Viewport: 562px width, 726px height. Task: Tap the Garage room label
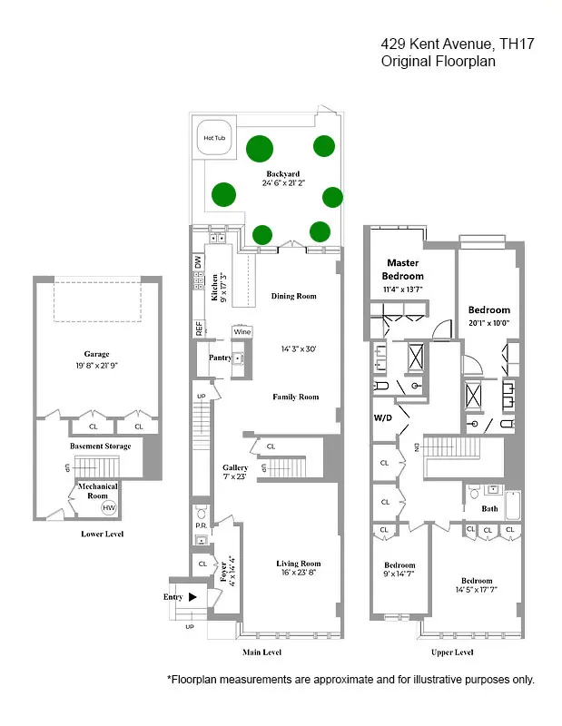pos(97,354)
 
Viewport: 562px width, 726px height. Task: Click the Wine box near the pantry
pos(242,332)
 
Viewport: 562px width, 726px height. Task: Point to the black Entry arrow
pos(192,597)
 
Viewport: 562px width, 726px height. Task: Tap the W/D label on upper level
pos(383,418)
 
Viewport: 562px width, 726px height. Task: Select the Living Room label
pos(300,564)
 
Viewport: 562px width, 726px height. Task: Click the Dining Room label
pos(294,296)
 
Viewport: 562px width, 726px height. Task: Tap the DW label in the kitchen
pos(197,261)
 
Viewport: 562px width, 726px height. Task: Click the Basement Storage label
pos(101,446)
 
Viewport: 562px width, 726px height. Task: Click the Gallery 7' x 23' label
pos(235,472)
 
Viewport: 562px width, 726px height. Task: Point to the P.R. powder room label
pos(201,525)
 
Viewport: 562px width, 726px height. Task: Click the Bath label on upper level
pos(489,508)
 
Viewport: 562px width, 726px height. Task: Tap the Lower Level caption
pos(102,535)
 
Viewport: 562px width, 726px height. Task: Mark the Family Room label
pos(296,397)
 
